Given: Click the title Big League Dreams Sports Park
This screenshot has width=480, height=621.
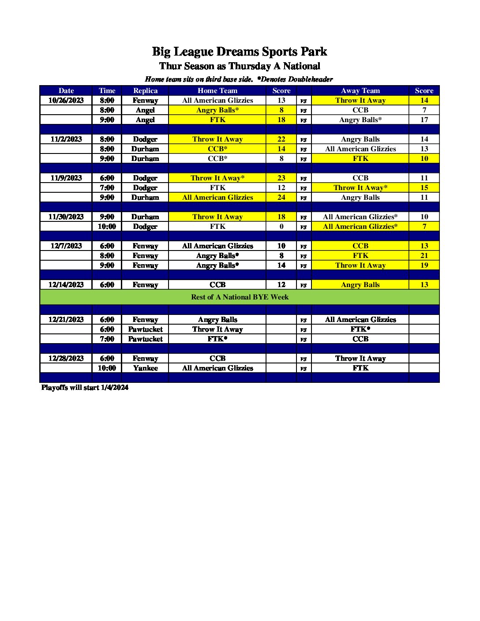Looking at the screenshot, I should [x=240, y=52].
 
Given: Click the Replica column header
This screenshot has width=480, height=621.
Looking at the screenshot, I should [x=145, y=90].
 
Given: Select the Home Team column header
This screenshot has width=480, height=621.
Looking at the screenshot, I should [x=217, y=90].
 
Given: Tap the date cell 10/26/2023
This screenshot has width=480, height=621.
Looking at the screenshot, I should [x=66, y=100].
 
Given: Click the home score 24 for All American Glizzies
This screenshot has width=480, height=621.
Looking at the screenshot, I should [x=281, y=197].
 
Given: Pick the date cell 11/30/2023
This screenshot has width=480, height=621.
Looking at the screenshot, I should [x=66, y=217].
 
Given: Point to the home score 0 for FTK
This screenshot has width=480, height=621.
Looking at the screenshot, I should [x=281, y=226].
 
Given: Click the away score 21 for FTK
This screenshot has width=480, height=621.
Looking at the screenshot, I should [x=424, y=255].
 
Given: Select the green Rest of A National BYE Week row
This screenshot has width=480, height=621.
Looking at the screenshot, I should [x=240, y=297].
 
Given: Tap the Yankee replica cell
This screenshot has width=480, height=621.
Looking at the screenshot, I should [x=145, y=368].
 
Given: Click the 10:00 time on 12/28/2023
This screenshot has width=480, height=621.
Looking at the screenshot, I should [x=107, y=368].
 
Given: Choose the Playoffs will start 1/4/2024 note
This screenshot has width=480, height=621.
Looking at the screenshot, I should [x=85, y=387].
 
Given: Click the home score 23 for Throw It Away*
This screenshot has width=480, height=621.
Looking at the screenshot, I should [x=281, y=178].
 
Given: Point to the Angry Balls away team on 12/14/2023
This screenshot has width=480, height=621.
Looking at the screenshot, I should [x=360, y=284].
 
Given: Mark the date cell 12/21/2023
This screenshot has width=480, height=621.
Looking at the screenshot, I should [x=66, y=319].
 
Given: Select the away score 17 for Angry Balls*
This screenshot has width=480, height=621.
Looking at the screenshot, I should [x=424, y=120].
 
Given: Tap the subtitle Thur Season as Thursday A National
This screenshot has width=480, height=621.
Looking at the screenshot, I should [x=240, y=66].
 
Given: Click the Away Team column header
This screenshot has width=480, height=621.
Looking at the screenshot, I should [x=360, y=90].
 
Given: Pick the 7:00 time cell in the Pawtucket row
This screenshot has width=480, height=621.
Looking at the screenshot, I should [x=107, y=339].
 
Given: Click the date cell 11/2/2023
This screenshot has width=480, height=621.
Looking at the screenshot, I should [x=66, y=139].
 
